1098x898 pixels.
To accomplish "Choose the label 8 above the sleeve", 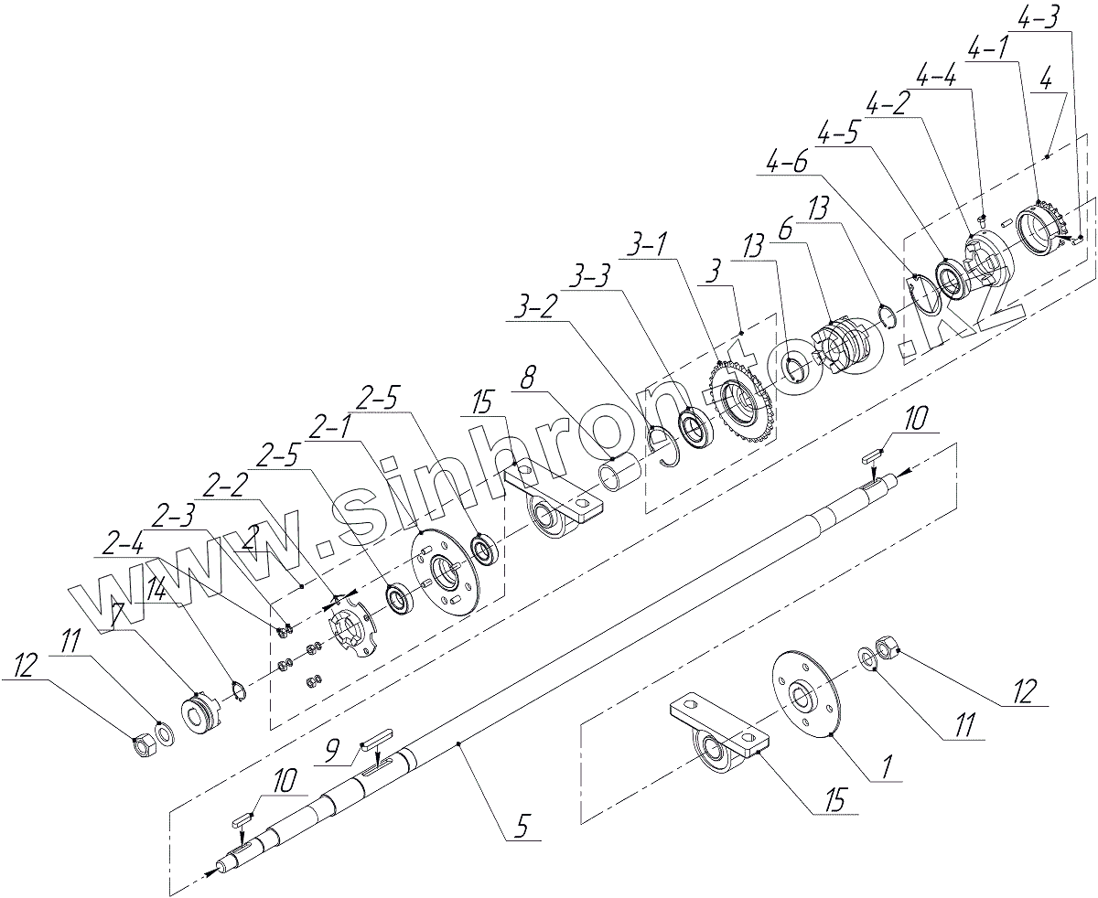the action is (527, 376).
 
